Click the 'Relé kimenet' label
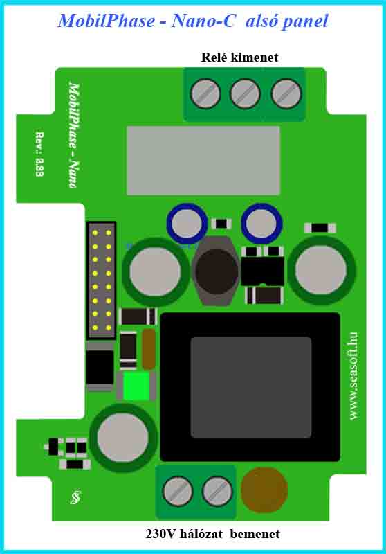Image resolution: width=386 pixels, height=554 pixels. pyautogui.click(x=239, y=57)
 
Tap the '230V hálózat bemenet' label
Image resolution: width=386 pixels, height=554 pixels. pyautogui.click(x=213, y=533)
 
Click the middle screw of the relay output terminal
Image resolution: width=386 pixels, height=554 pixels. pyautogui.click(x=245, y=94)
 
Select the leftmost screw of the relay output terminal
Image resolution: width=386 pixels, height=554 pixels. pyautogui.click(x=205, y=94)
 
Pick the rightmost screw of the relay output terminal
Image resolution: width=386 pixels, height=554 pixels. pyautogui.click(x=286, y=94)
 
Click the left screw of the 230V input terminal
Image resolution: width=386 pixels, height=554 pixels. pyautogui.click(x=178, y=491)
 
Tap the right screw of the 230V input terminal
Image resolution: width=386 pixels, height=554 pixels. pyautogui.click(x=217, y=491)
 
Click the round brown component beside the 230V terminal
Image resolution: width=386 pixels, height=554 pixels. pyautogui.click(x=264, y=490)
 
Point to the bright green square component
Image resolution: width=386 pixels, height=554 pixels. pyautogui.click(x=136, y=386)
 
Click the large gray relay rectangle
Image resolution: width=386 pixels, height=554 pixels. pyautogui.click(x=203, y=161)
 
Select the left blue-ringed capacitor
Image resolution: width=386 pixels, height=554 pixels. pyautogui.click(x=187, y=223)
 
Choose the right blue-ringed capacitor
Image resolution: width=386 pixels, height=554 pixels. pyautogui.click(x=261, y=223)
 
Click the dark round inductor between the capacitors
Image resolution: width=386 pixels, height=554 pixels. pyautogui.click(x=217, y=271)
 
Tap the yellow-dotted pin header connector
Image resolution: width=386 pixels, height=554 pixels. pyautogui.click(x=102, y=280)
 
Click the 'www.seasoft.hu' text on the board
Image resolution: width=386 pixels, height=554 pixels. pyautogui.click(x=353, y=376)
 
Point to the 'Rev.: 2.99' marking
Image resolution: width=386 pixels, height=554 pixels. pyautogui.click(x=40, y=154)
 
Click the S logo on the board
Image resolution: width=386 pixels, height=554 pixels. pyautogui.click(x=75, y=497)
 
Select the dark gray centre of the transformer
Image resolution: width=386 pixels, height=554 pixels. pyautogui.click(x=251, y=387)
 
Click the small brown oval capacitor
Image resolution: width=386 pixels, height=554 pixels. pyautogui.click(x=149, y=349)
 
